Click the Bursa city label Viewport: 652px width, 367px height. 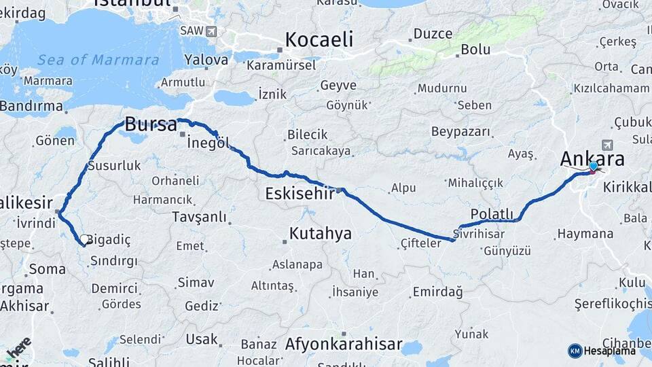(x=151, y=125)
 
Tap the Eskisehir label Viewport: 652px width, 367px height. (x=299, y=194)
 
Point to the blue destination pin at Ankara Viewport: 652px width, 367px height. (x=593, y=167)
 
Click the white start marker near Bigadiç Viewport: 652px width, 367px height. (x=86, y=239)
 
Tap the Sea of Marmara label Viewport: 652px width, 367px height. (x=98, y=60)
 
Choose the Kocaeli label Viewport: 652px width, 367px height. (x=319, y=39)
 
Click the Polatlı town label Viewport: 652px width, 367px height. (x=492, y=214)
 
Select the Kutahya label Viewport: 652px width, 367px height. (x=320, y=234)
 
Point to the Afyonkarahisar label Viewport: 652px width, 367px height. (x=344, y=344)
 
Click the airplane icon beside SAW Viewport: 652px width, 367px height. (x=211, y=31)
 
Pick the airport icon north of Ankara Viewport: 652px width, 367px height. (x=606, y=145)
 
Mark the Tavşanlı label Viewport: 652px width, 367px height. (x=200, y=216)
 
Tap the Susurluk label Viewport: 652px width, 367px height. (x=114, y=165)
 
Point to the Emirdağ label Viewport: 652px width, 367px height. (x=437, y=292)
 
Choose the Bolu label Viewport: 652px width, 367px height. (x=475, y=49)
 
